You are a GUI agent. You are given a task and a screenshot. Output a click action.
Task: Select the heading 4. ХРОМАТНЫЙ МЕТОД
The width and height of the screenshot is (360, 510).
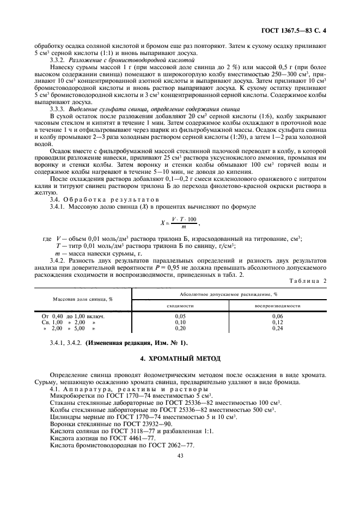coord(180,359)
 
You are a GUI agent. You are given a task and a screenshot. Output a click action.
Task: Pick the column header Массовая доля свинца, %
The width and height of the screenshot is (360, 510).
coord(83,299)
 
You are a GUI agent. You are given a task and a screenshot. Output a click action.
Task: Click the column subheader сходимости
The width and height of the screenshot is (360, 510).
coord(180,306)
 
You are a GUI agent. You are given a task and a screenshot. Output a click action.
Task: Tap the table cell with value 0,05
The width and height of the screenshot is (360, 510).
coord(180,316)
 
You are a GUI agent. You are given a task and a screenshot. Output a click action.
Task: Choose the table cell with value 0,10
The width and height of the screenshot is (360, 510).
coord(180,323)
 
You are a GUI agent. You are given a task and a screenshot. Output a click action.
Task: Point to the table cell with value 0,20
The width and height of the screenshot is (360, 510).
coord(180,329)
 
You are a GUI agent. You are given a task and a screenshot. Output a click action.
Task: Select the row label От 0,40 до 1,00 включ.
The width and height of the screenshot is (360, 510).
coord(74,316)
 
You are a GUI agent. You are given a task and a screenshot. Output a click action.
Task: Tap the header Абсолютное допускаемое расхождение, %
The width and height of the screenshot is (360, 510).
coord(229,294)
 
